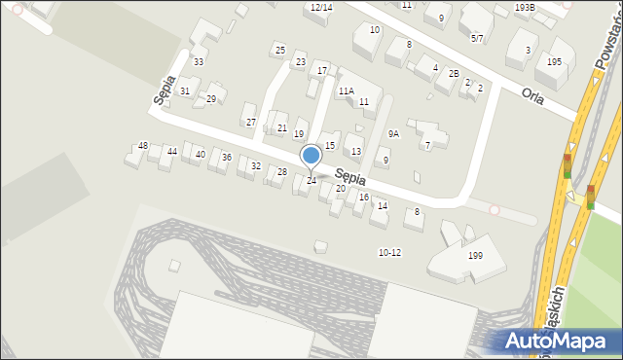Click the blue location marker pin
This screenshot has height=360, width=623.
311,156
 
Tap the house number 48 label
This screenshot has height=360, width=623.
143,146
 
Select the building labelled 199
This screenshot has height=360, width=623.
475,256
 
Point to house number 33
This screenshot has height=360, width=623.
199,62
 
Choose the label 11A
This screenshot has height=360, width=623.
346,90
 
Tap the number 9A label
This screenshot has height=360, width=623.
393,133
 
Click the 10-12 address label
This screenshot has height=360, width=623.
389,253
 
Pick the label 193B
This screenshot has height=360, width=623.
525,7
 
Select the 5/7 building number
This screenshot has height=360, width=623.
477,38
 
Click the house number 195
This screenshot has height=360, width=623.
554,61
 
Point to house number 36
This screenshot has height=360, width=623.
226,158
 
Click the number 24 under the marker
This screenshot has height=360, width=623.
311,181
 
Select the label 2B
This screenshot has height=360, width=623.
454,74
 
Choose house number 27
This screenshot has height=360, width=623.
250,123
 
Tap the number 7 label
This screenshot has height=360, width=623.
427,146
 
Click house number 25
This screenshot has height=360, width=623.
279,50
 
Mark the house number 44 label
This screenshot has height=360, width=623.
172,152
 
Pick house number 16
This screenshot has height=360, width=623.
364,198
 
